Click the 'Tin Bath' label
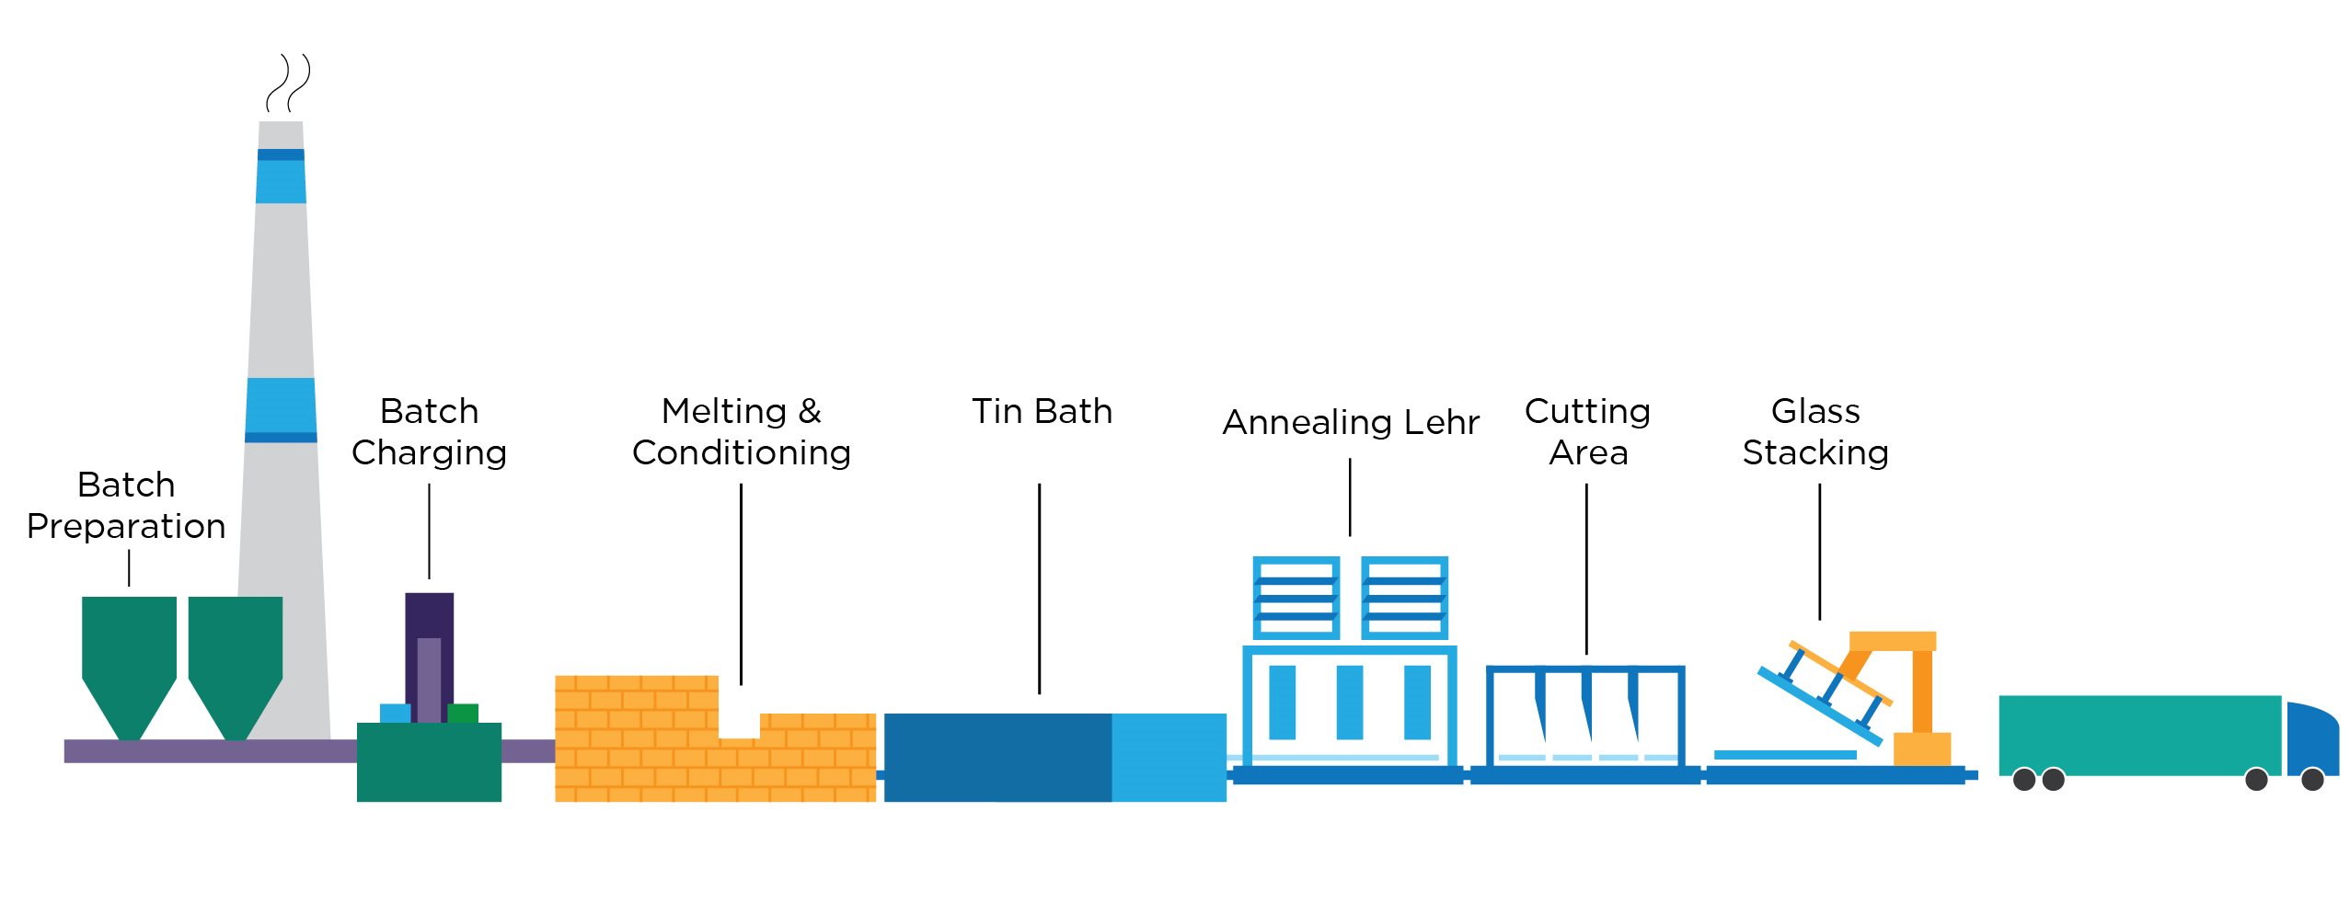(1042, 411)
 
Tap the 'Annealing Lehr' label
(1350, 422)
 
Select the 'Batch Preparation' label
(126, 505)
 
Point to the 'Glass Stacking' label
(1815, 431)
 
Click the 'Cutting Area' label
(1587, 431)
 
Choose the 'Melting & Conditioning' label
(741, 431)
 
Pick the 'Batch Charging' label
(429, 431)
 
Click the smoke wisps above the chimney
(287, 83)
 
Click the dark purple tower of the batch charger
(429, 657)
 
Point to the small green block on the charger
(463, 714)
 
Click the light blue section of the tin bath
(1169, 757)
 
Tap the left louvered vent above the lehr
(1296, 598)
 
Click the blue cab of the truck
(2311, 739)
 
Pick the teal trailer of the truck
(2139, 736)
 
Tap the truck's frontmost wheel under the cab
(2312, 780)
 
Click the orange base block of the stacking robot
(1921, 748)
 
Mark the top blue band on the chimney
(281, 176)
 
